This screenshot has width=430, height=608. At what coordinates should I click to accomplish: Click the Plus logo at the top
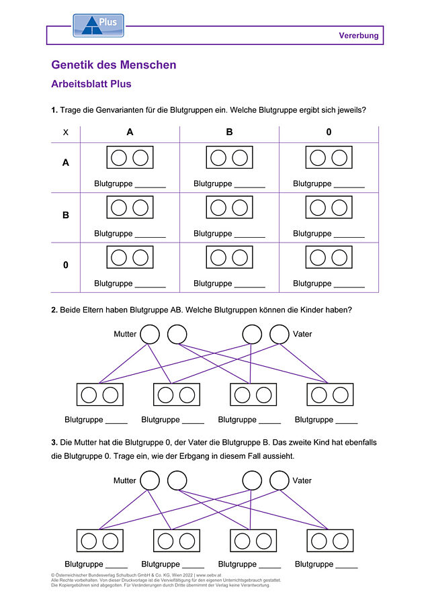pyautogui.click(x=99, y=26)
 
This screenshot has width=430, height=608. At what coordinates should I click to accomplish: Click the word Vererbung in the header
pyautogui.click(x=359, y=36)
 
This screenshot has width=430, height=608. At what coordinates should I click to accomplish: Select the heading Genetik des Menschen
pyautogui.click(x=114, y=64)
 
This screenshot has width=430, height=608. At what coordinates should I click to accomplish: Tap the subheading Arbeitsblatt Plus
pyautogui.click(x=91, y=84)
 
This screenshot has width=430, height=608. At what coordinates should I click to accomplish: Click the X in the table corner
pyautogui.click(x=66, y=132)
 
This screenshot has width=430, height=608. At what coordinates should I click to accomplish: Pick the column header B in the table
pyautogui.click(x=229, y=132)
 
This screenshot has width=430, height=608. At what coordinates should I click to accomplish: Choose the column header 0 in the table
pyautogui.click(x=329, y=132)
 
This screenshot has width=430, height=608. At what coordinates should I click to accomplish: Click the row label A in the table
pyautogui.click(x=66, y=163)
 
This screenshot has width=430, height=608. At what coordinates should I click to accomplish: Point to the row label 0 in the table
pyautogui.click(x=66, y=265)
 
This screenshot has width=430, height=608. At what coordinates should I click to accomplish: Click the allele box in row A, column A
pyautogui.click(x=130, y=146)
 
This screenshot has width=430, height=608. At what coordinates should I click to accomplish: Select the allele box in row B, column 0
pyautogui.click(x=329, y=196)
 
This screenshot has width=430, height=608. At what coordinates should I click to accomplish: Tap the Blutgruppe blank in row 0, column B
pyautogui.click(x=250, y=287)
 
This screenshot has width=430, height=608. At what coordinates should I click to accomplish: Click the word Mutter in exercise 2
pyautogui.click(x=125, y=334)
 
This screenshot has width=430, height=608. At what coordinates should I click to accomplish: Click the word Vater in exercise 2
pyautogui.click(x=302, y=334)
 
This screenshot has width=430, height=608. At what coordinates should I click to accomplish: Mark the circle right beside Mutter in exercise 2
pyautogui.click(x=150, y=325)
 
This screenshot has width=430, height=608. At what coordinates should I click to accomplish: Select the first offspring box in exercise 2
pyautogui.click(x=100, y=384)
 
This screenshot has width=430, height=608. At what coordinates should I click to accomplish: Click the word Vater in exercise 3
pyautogui.click(x=302, y=480)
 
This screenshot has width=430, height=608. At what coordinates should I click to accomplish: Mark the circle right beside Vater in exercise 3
pyautogui.click(x=279, y=471)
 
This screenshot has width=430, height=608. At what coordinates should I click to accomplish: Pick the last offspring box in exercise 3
pyautogui.click(x=330, y=530)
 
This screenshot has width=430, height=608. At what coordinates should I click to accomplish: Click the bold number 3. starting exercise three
pyautogui.click(x=54, y=443)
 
